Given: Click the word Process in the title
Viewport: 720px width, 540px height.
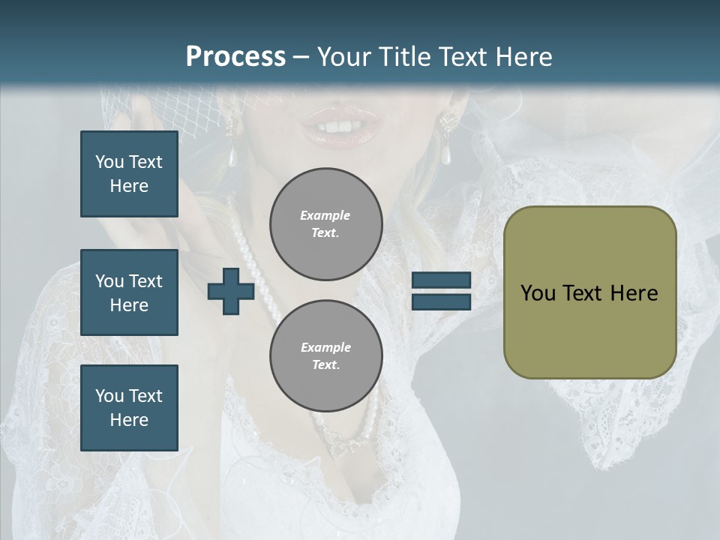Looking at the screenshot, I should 235,57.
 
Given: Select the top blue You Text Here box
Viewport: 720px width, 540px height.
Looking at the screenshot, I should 129,174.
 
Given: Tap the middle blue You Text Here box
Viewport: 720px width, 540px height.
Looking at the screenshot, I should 129,292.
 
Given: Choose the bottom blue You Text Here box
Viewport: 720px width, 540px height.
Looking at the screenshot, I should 129,407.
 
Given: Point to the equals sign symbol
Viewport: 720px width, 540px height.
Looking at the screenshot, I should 441,291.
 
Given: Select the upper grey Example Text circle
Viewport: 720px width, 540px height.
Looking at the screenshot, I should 326,224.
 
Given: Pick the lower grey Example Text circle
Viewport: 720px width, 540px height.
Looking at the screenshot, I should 326,356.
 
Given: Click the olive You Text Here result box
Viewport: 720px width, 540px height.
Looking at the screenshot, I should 589,292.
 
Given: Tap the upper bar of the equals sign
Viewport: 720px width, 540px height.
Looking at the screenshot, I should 441,280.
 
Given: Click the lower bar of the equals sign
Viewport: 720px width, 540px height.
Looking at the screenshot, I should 441,301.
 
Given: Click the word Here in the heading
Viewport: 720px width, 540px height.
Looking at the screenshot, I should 523,57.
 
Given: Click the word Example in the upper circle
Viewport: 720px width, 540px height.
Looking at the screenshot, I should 325,215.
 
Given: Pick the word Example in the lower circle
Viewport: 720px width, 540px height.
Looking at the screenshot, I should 325,347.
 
